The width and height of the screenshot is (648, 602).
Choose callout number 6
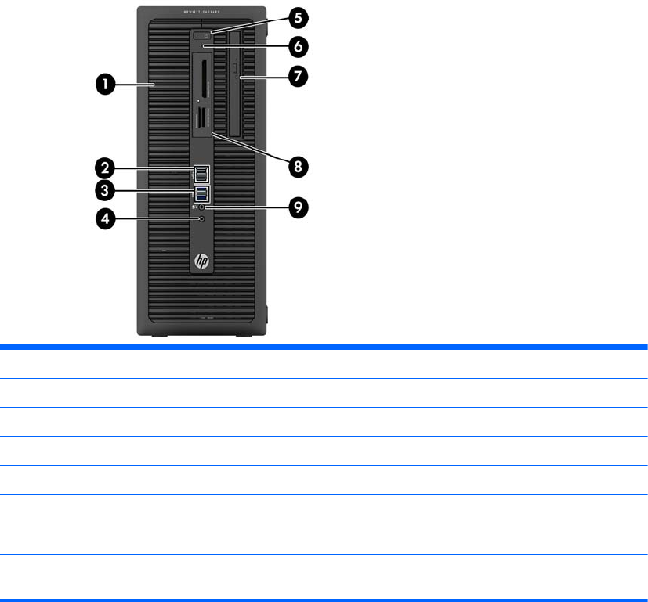[296, 46]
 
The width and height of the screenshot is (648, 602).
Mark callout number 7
[296, 76]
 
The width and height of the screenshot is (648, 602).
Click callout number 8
[296, 166]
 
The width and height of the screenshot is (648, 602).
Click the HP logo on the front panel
[201, 261]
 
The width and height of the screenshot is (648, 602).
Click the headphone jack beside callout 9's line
[202, 207]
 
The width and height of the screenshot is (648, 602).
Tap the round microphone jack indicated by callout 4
[202, 220]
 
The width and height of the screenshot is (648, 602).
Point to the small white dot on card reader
[198, 101]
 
